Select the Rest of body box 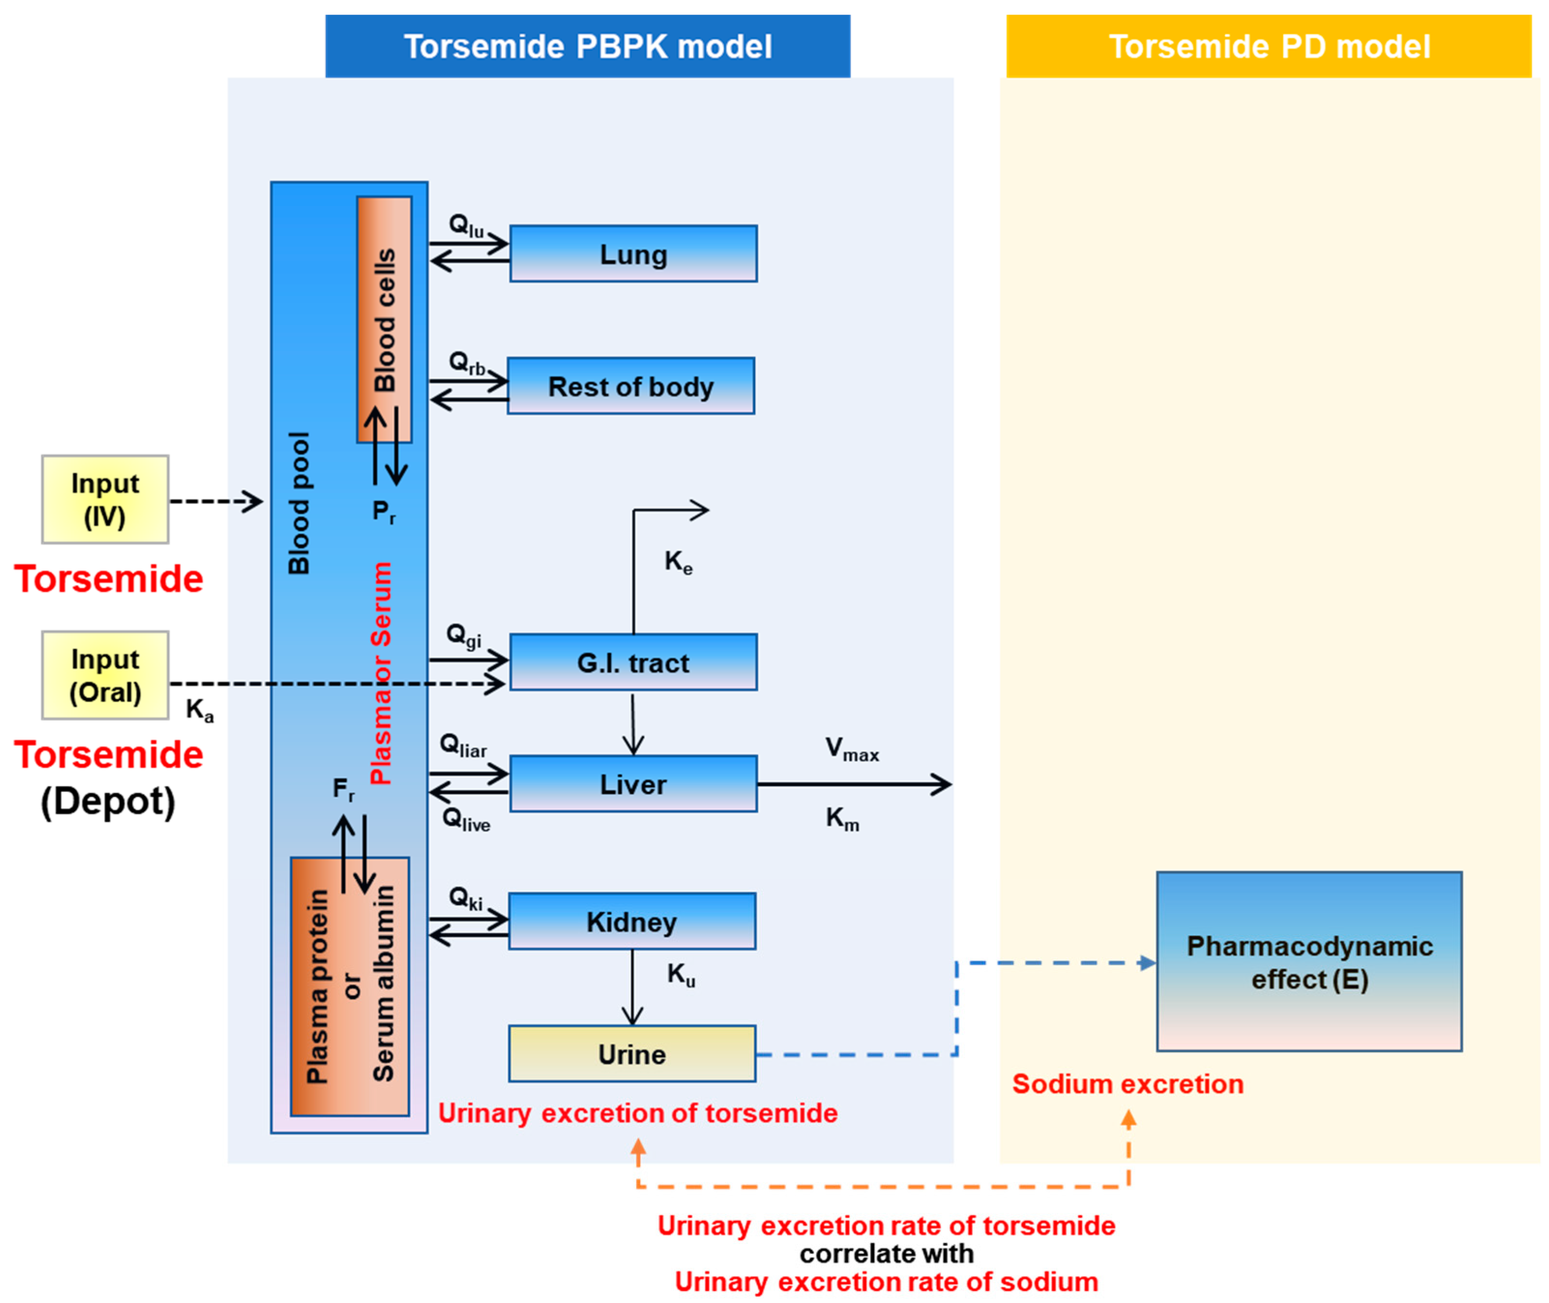[x=631, y=386]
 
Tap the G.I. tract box [x=633, y=662]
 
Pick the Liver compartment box [x=633, y=784]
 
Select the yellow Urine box [x=631, y=1054]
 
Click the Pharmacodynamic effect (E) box [x=1309, y=962]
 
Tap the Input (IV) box [x=105, y=499]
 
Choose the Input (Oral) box [x=105, y=675]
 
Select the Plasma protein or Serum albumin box [x=350, y=986]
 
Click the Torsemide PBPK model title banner [x=587, y=46]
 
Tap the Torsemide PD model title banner [x=1268, y=46]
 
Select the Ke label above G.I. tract [x=677, y=562]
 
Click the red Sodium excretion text [x=1127, y=1083]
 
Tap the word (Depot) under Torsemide [x=108, y=802]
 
